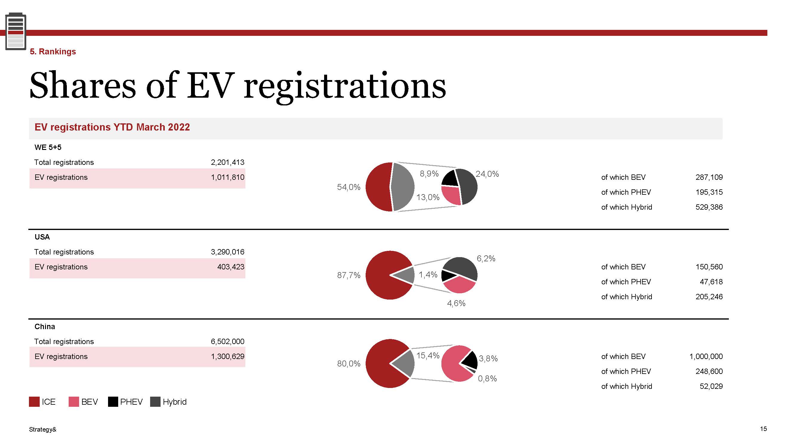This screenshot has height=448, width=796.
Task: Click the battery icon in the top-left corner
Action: (x=16, y=31)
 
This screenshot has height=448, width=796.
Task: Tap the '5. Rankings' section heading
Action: (x=53, y=52)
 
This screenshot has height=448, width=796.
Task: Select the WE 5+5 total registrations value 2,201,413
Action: (x=227, y=162)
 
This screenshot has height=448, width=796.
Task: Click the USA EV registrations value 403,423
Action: (x=230, y=267)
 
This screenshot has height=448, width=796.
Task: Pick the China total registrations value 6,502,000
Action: (x=227, y=341)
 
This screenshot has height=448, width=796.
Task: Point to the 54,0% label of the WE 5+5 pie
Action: (x=349, y=187)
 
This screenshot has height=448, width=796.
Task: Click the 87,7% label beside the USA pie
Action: (x=349, y=275)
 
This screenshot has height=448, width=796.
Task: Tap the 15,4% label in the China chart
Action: (x=428, y=355)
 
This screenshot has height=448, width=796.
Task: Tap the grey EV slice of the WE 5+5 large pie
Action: (x=403, y=187)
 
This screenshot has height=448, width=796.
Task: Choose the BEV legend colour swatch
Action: (x=73, y=402)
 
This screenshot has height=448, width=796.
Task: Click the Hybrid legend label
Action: (x=175, y=402)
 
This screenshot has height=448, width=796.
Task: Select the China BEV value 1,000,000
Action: (x=706, y=357)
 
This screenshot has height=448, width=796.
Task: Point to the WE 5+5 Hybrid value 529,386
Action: (x=709, y=207)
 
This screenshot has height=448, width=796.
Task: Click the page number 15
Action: (x=763, y=429)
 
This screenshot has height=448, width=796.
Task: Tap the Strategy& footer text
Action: (x=43, y=429)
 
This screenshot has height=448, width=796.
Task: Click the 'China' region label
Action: (x=45, y=326)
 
